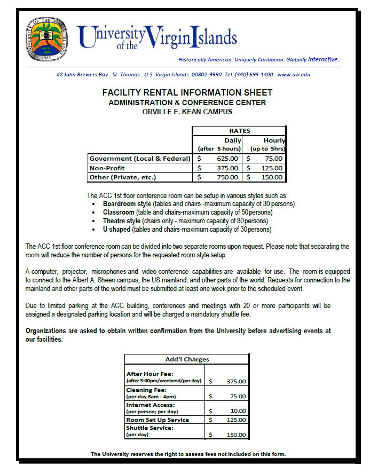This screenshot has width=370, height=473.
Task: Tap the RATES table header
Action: tap(239, 131)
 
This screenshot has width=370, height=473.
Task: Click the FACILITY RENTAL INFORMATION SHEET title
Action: tap(187, 93)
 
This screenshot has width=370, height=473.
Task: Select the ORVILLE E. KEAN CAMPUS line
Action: tap(187, 112)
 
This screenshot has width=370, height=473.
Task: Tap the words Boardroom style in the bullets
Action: tap(127, 204)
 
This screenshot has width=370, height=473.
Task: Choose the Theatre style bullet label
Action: tap(122, 221)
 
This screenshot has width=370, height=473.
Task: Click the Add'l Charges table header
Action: tap(187, 359)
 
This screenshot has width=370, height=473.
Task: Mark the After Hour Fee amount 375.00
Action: tap(235, 382)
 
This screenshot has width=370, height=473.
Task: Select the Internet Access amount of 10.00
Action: tap(238, 411)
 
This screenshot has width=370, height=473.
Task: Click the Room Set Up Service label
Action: tap(158, 420)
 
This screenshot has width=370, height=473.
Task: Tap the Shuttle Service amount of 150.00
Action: tap(235, 435)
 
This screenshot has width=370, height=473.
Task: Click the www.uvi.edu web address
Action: tap(294, 75)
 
